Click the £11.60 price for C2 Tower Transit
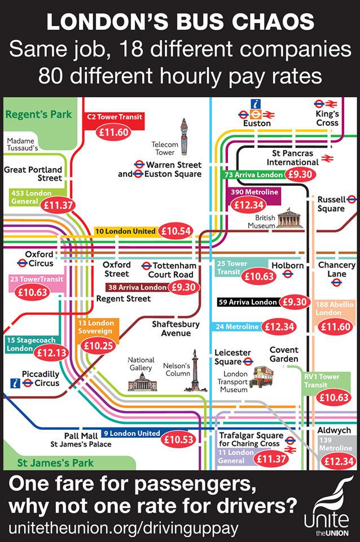[x=112, y=132]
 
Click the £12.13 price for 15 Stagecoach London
[x=51, y=352]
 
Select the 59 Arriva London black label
[x=248, y=303]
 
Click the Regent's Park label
[x=38, y=115]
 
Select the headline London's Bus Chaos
[x=179, y=22]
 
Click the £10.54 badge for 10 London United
[x=177, y=231]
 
